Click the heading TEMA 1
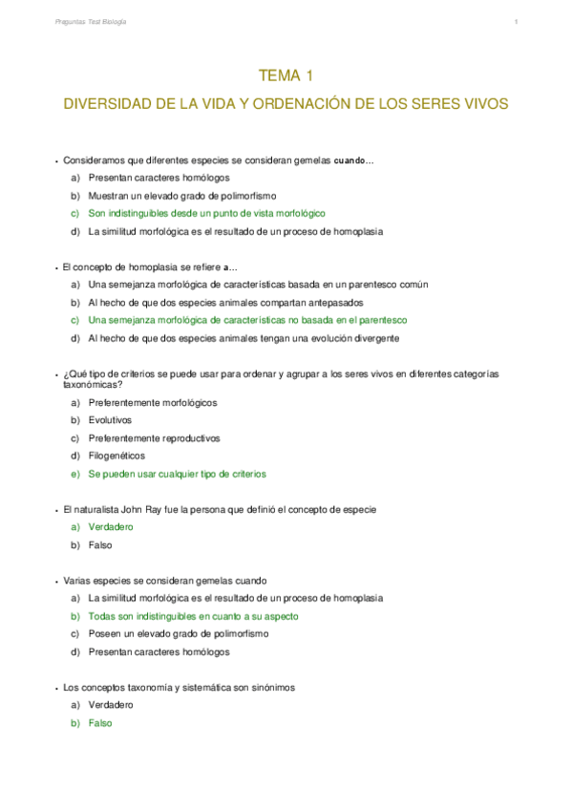click(x=286, y=75)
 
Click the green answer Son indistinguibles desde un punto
click(x=206, y=213)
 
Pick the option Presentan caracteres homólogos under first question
click(x=159, y=178)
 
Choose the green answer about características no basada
click(x=247, y=320)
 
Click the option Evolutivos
click(x=110, y=420)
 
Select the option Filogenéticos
click(x=117, y=456)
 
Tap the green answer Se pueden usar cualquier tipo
click(x=177, y=474)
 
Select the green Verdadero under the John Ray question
click(x=110, y=527)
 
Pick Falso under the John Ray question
click(x=99, y=545)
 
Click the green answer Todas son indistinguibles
click(x=192, y=616)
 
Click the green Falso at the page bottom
click(x=99, y=723)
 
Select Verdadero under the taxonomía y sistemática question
click(x=110, y=705)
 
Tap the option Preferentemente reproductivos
click(x=153, y=437)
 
